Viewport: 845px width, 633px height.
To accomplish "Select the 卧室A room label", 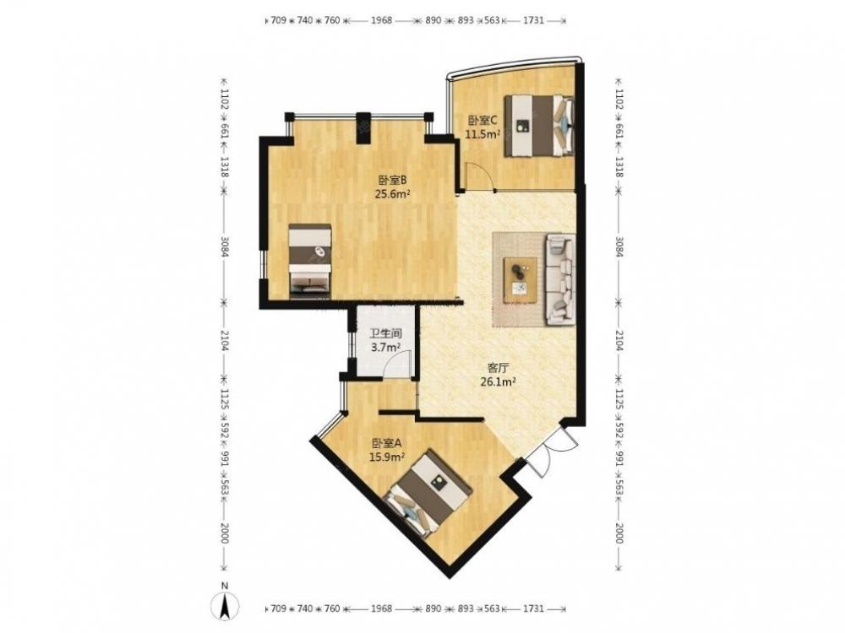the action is (x=387, y=444).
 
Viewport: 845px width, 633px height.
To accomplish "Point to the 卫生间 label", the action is (x=386, y=333).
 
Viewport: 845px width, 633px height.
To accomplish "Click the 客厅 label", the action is (x=498, y=368).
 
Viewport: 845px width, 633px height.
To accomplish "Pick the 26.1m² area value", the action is (x=499, y=382).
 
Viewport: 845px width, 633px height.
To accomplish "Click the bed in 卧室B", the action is (x=310, y=261).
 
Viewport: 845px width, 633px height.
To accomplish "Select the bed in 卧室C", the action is (x=539, y=126).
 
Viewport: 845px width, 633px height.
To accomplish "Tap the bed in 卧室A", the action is (x=428, y=494).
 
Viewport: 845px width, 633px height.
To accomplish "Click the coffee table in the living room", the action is (x=520, y=280).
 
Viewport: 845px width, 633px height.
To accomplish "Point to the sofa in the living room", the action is (x=560, y=279).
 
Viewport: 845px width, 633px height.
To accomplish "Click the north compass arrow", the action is (x=226, y=604).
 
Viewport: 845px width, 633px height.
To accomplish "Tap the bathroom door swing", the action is (x=400, y=364).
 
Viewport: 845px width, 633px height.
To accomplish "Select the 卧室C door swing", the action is (x=479, y=177).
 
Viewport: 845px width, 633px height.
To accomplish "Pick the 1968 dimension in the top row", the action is (x=381, y=20).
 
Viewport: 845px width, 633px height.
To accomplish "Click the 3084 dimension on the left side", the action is (x=225, y=245).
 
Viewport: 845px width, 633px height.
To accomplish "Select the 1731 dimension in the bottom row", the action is (x=533, y=609).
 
